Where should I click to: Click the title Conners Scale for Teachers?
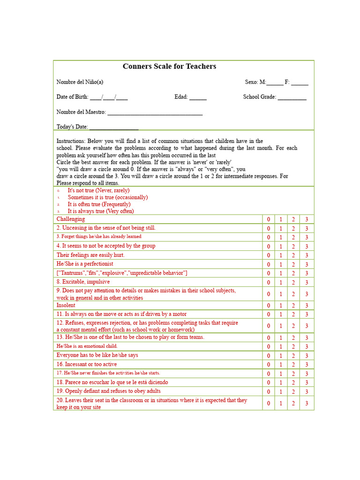coord(169,67)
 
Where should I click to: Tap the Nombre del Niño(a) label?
coord(80,82)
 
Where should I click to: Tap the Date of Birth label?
coord(72,97)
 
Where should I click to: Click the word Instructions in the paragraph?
coord(71,141)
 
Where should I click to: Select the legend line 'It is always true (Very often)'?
coord(100,211)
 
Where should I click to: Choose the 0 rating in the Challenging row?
coord(269,219)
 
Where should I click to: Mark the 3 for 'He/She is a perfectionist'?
coord(307,264)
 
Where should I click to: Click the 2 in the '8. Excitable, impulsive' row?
coord(293,282)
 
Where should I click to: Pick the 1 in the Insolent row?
coord(281,306)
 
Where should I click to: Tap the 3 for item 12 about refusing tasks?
coord(307,326)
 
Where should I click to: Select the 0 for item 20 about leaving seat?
coord(269,403)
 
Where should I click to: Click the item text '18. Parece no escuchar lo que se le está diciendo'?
coord(112,382)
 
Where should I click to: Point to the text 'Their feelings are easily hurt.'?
coord(90,255)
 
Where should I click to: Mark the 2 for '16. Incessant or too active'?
coord(293,365)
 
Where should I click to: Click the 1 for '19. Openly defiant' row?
coord(281,391)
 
